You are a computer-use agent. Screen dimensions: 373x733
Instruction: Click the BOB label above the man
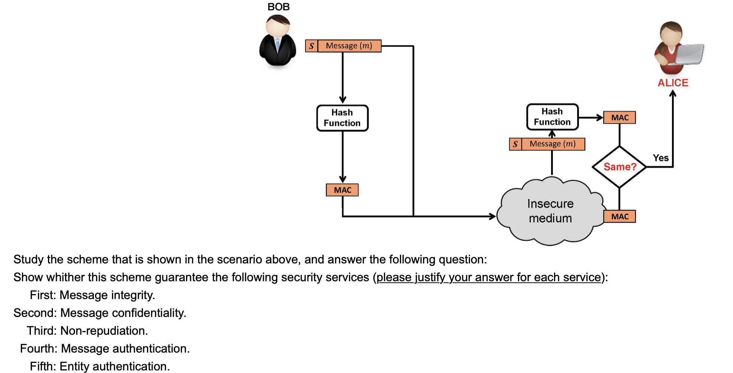pos(278,7)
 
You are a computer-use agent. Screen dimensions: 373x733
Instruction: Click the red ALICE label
pos(673,83)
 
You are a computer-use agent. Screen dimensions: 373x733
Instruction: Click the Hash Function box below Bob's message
pos(342,118)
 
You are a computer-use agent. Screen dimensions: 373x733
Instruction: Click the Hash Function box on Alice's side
pos(552,117)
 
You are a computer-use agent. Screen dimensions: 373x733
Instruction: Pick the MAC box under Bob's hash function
pos(342,190)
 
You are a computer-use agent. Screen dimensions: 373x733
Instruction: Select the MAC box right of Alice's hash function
pos(620,117)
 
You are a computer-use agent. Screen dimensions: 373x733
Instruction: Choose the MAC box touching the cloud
pos(620,216)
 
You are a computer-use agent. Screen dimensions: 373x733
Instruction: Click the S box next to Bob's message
pos(311,46)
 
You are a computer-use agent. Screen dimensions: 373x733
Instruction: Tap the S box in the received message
pos(515,144)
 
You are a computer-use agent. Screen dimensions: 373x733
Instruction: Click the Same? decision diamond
pos(620,167)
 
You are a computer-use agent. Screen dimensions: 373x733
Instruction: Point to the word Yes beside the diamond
pos(660,158)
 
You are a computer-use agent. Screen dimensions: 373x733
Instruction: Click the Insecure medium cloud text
pos(550,211)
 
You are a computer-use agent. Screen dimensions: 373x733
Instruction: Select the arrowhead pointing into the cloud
pos(493,216)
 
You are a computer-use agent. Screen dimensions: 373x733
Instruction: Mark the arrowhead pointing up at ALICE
pos(673,94)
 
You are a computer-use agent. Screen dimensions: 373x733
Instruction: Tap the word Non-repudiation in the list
pos(104,331)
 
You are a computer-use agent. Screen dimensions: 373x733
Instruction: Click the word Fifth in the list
pos(42,366)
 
